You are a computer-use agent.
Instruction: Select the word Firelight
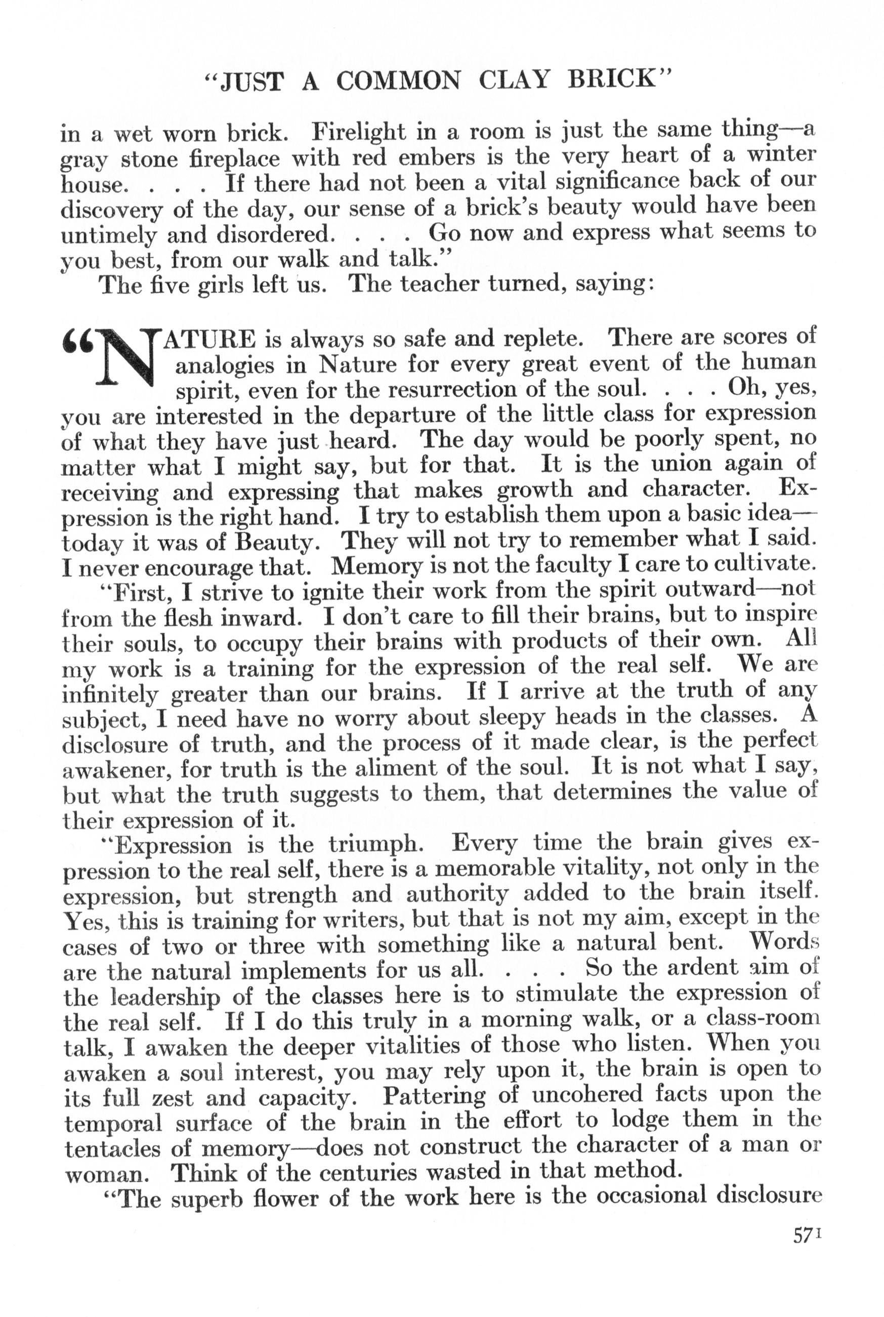[x=359, y=133]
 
